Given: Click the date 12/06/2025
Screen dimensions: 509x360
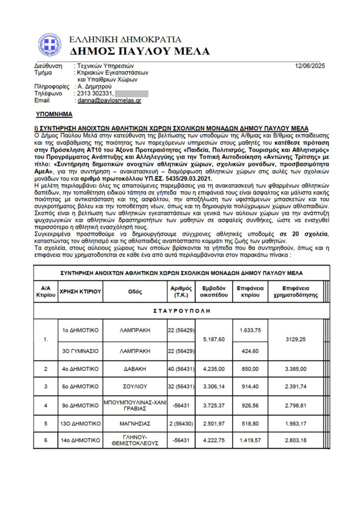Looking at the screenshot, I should [310, 65].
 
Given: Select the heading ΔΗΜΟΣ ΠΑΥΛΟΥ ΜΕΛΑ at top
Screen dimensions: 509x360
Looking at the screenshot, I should [140, 51].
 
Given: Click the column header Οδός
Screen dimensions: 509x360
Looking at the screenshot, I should [135, 291].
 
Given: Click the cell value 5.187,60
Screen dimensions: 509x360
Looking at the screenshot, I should [215, 339].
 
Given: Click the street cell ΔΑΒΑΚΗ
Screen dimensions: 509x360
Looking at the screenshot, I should [135, 369].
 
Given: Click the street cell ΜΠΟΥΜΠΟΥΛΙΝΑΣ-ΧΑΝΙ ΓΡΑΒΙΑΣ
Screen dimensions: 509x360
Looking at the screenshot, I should [135, 406].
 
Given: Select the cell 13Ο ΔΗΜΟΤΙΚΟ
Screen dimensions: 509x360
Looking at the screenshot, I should [81, 424].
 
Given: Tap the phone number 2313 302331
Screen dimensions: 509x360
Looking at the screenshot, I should [95, 93].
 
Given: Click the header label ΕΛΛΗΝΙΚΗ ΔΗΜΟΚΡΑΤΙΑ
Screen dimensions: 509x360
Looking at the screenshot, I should [125, 39].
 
